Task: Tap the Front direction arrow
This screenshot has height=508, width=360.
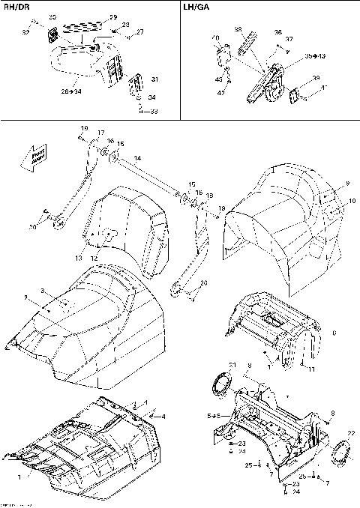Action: (x=34, y=157)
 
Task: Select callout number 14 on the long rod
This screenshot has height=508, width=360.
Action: (x=137, y=158)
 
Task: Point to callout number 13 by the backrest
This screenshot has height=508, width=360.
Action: (x=78, y=257)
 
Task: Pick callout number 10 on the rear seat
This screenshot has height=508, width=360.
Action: (x=330, y=201)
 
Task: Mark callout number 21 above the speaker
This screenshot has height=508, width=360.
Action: (x=232, y=365)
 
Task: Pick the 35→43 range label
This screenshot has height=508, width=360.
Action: (x=295, y=56)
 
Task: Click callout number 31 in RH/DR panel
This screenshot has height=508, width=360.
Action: (x=154, y=79)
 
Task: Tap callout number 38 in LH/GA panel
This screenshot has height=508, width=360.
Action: (x=238, y=30)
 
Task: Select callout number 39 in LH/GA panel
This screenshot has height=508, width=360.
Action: (x=316, y=78)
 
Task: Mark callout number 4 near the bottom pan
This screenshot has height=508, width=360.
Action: (x=163, y=416)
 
